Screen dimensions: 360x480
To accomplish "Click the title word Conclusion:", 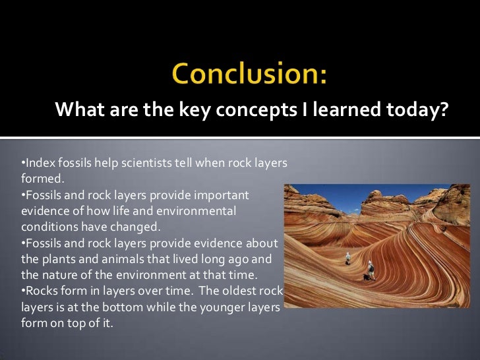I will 249,75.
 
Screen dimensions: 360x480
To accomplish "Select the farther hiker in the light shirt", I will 349,258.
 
